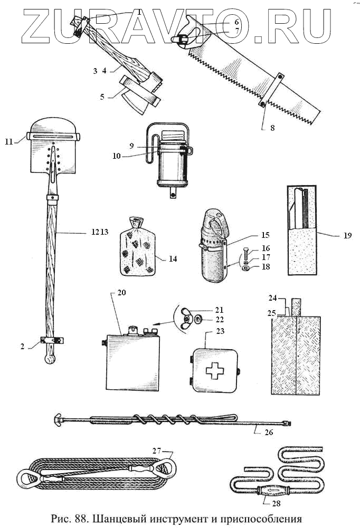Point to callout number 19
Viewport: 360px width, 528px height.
click(x=347, y=236)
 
